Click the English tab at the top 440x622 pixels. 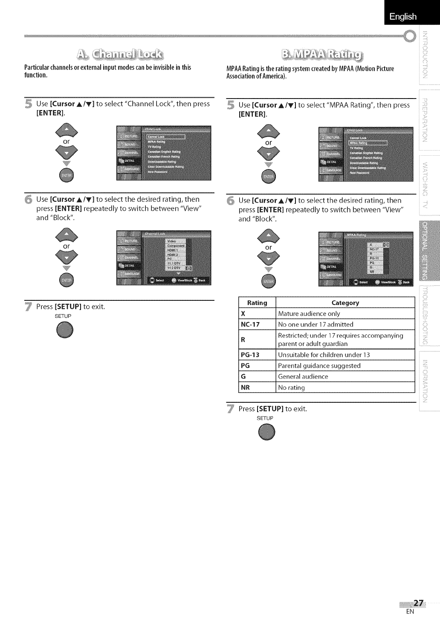[402, 16]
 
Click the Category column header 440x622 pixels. [345, 302]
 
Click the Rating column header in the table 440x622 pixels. [257, 302]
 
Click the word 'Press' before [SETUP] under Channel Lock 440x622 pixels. [44, 306]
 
